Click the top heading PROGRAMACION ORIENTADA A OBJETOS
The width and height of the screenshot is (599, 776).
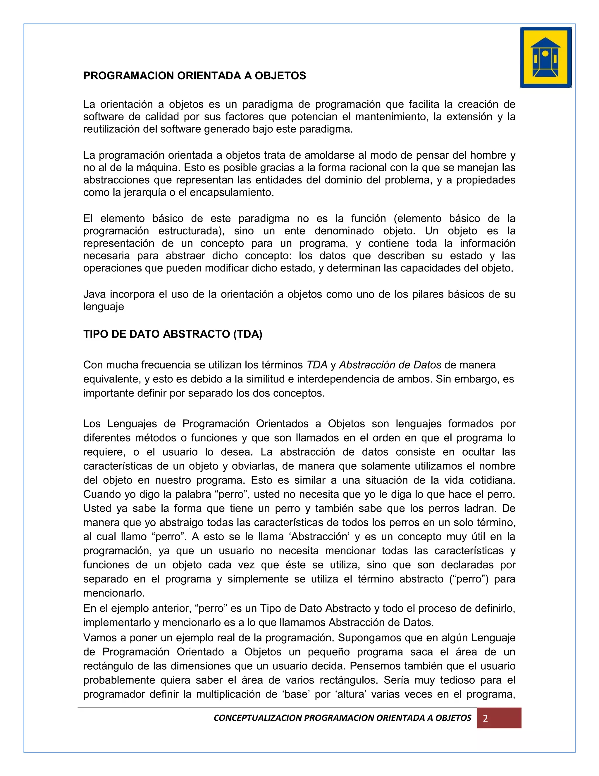pyautogui.click(x=194, y=76)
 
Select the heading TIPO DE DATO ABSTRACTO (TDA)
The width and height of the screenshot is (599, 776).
pyautogui.click(x=173, y=334)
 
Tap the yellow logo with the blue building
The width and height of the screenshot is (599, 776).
pyautogui.click(x=546, y=58)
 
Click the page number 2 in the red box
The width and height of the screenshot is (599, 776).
pyautogui.click(x=486, y=718)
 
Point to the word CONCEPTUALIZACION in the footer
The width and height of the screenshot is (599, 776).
pyautogui.click(x=258, y=718)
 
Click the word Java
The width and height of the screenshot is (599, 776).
pyautogui.click(x=94, y=294)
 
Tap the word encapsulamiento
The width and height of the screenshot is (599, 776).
pyautogui.click(x=231, y=193)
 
